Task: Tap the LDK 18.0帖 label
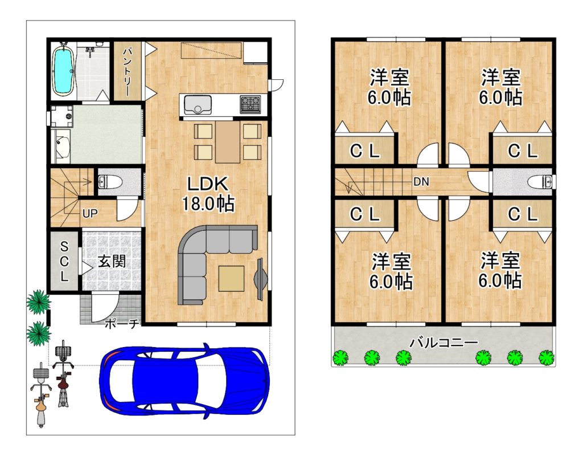point(208,194)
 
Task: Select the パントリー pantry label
point(128,71)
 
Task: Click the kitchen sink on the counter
point(198,105)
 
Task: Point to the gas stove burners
point(251,104)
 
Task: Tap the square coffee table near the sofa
point(231,278)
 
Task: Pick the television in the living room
point(260,278)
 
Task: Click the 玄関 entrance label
point(112,261)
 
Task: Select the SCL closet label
point(64,261)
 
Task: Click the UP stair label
point(90,214)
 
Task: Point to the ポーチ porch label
point(122,324)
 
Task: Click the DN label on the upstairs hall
point(421,182)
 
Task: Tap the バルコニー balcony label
point(443,342)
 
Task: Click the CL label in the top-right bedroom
point(523,150)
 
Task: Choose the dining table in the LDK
point(227,142)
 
